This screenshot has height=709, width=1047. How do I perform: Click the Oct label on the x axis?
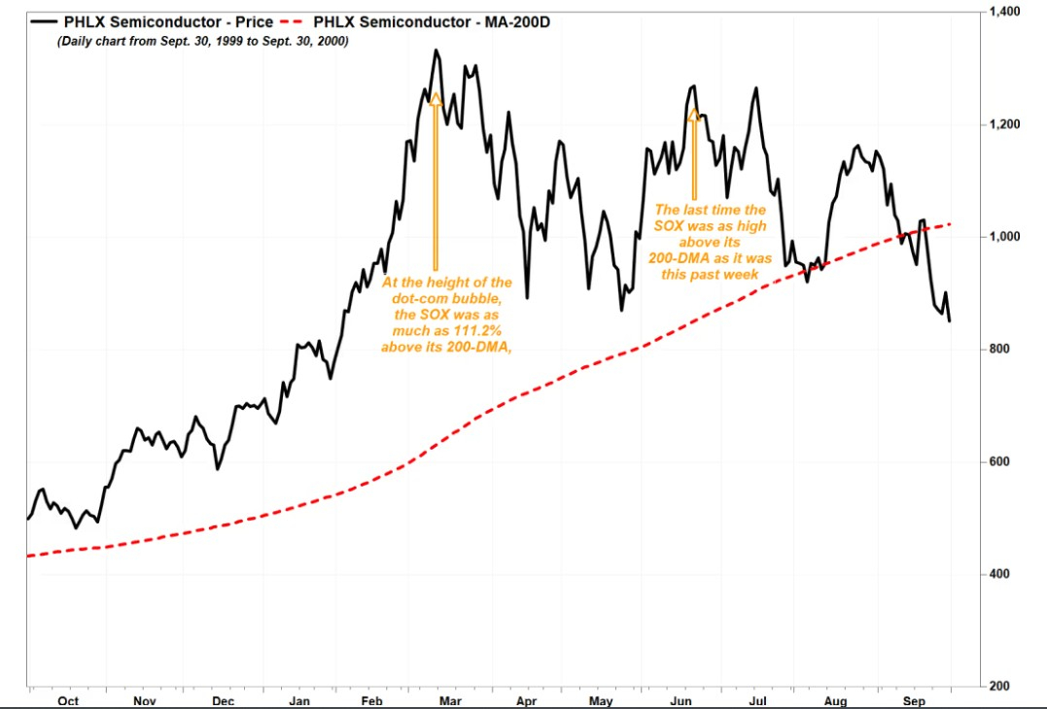click(x=69, y=699)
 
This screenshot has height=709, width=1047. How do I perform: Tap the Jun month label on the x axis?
click(x=681, y=699)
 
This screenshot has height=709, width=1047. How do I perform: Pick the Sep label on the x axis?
click(x=913, y=699)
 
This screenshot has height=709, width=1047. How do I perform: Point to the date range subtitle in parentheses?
click(x=202, y=42)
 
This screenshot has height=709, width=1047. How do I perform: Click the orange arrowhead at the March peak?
click(x=435, y=98)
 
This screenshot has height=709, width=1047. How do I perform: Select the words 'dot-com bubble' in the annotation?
click(x=447, y=298)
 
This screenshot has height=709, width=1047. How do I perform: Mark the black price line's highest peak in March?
click(x=436, y=50)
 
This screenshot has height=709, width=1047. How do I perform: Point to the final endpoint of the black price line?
click(x=950, y=321)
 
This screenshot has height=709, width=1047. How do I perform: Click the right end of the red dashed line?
click(x=950, y=224)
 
